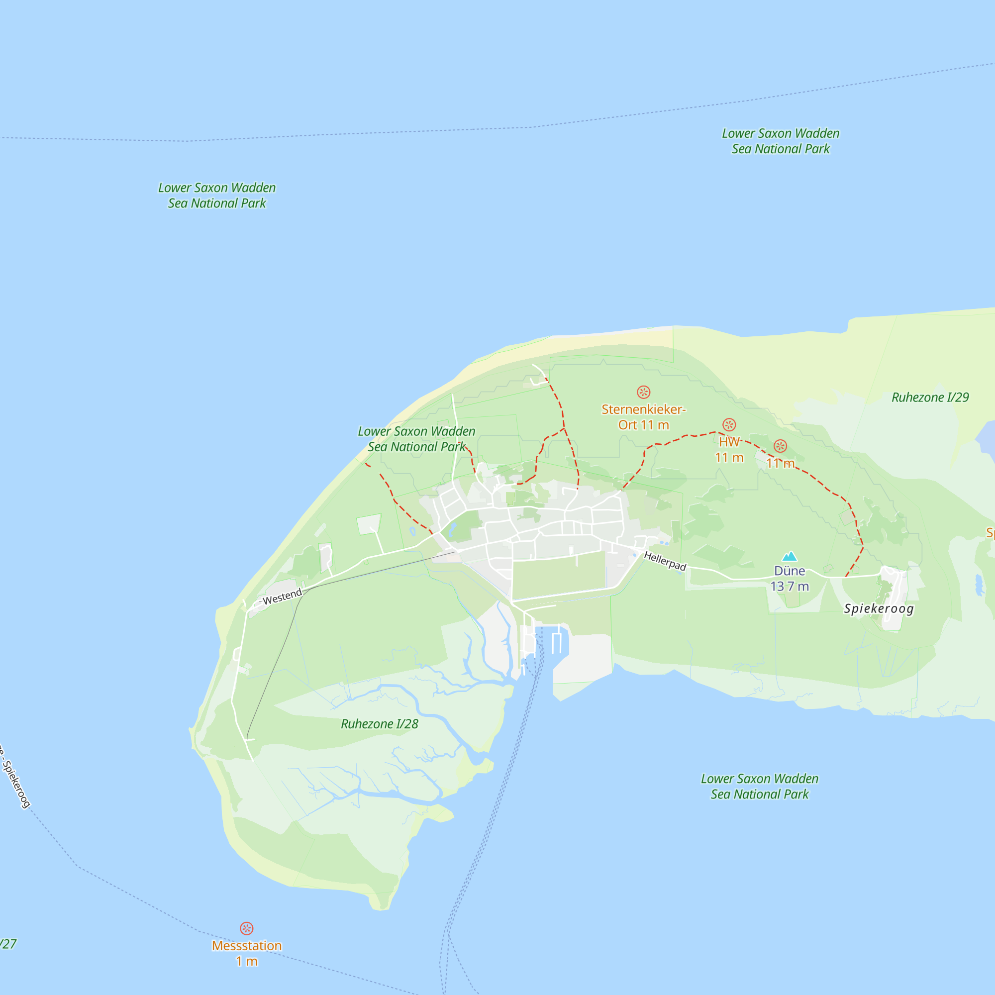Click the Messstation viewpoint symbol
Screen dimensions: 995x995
(247, 928)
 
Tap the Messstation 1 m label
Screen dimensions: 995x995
(247, 953)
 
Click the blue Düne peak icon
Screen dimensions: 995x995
(790, 556)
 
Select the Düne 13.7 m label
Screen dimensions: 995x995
(790, 579)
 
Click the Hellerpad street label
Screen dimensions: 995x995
(665, 561)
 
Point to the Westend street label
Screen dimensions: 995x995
(282, 597)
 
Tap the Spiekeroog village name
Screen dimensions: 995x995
(879, 609)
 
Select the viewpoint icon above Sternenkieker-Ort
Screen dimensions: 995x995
(643, 392)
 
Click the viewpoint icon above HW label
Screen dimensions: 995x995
(729, 424)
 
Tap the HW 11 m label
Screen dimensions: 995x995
(729, 450)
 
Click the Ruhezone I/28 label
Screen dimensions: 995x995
(380, 723)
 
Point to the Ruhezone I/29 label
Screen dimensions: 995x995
(930, 397)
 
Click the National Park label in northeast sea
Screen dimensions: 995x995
(780, 141)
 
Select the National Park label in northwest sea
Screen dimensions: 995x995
(217, 195)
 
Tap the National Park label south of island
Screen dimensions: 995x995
(760, 787)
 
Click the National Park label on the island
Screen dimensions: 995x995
(416, 439)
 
